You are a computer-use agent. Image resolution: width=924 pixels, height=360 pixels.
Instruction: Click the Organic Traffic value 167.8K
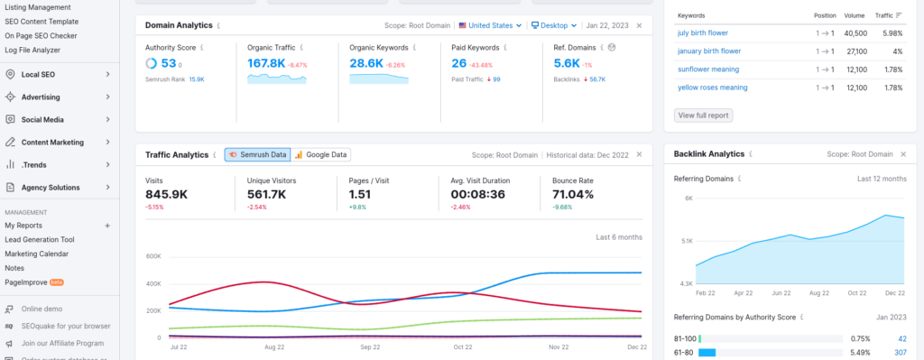(x=266, y=63)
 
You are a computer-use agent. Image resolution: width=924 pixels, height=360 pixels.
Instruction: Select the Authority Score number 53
(x=169, y=63)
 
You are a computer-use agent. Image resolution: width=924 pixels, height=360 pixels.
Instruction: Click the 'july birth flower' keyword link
(x=704, y=33)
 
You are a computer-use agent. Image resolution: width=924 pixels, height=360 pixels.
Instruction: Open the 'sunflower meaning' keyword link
(x=708, y=69)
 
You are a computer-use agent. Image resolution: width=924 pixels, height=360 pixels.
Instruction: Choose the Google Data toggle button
(x=320, y=154)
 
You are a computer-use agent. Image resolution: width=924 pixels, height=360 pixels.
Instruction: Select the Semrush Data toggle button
(x=257, y=154)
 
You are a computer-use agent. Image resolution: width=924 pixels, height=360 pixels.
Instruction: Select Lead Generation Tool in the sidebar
(x=40, y=239)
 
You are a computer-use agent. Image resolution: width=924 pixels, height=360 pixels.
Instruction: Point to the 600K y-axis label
(x=152, y=256)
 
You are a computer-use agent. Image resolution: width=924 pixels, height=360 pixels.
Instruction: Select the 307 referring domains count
(x=900, y=352)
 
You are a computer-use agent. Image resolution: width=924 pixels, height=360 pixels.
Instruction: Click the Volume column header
(x=854, y=15)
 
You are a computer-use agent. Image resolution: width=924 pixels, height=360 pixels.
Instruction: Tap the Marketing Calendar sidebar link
(x=36, y=254)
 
